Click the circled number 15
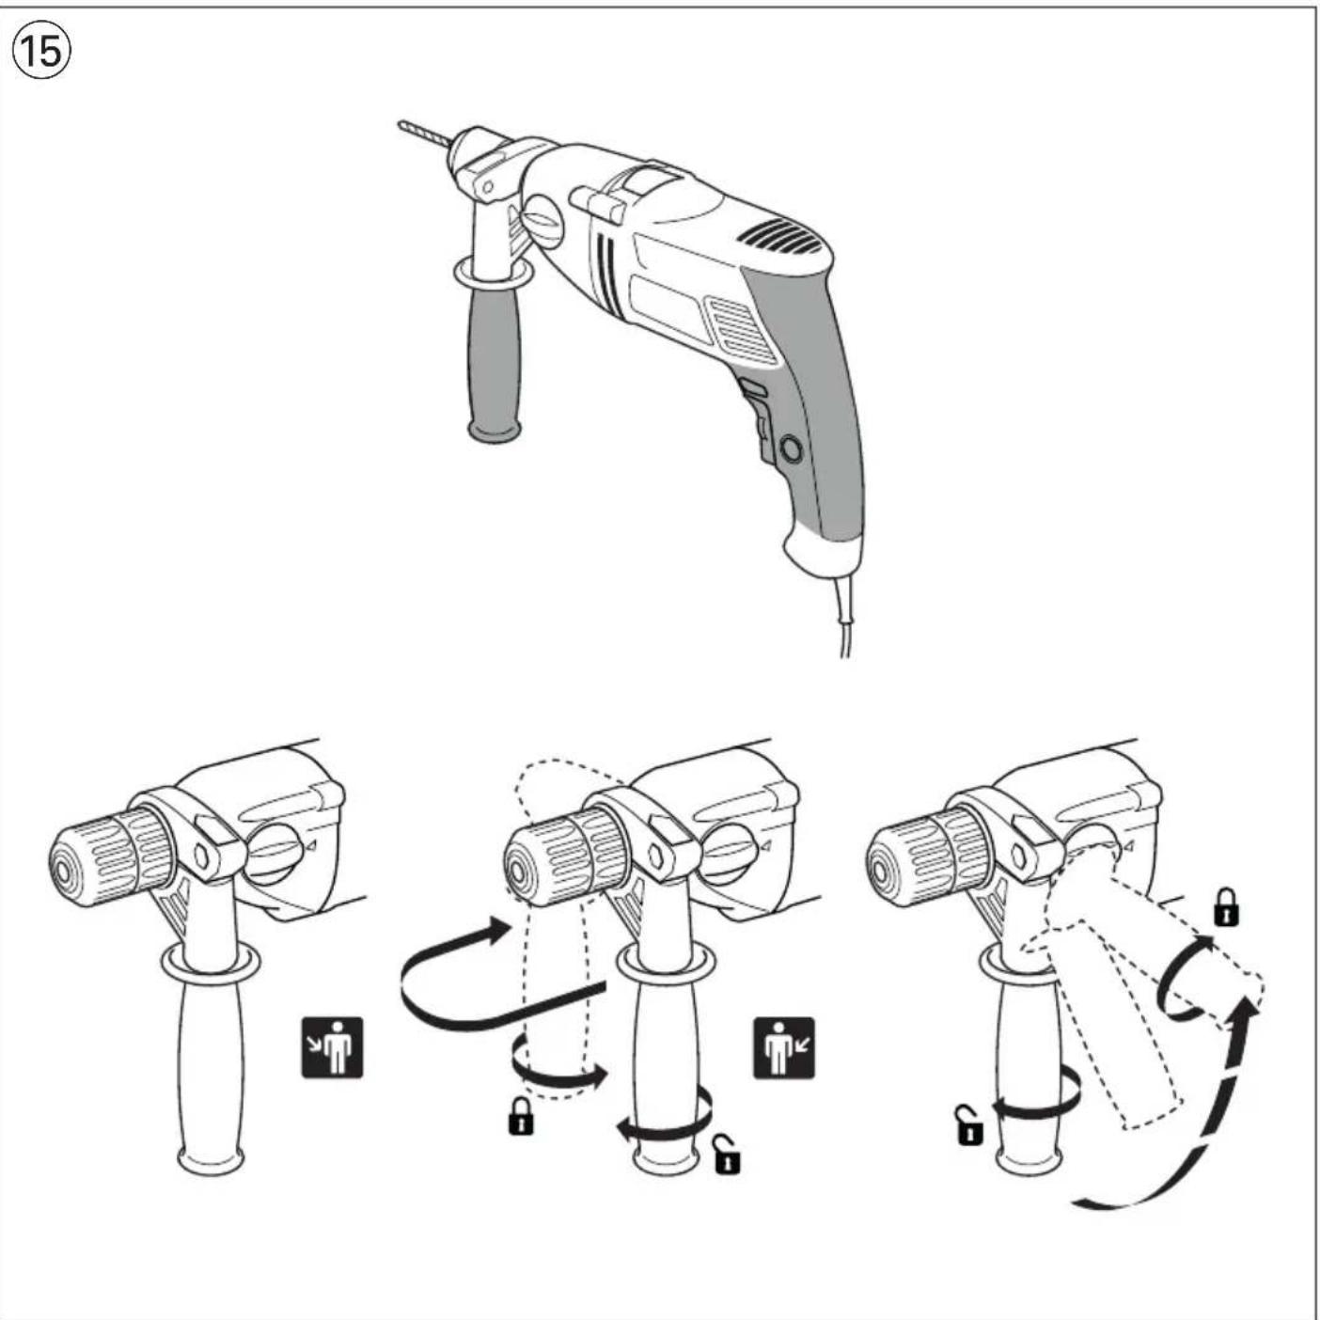tap(41, 51)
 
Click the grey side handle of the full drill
tap(495, 357)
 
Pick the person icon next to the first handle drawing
tap(332, 1046)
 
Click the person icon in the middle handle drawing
tap(783, 1047)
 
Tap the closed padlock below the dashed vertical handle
tap(521, 1116)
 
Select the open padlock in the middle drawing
tap(727, 1155)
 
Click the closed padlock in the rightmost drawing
tap(1225, 907)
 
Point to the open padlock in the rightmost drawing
tap(968, 1125)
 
